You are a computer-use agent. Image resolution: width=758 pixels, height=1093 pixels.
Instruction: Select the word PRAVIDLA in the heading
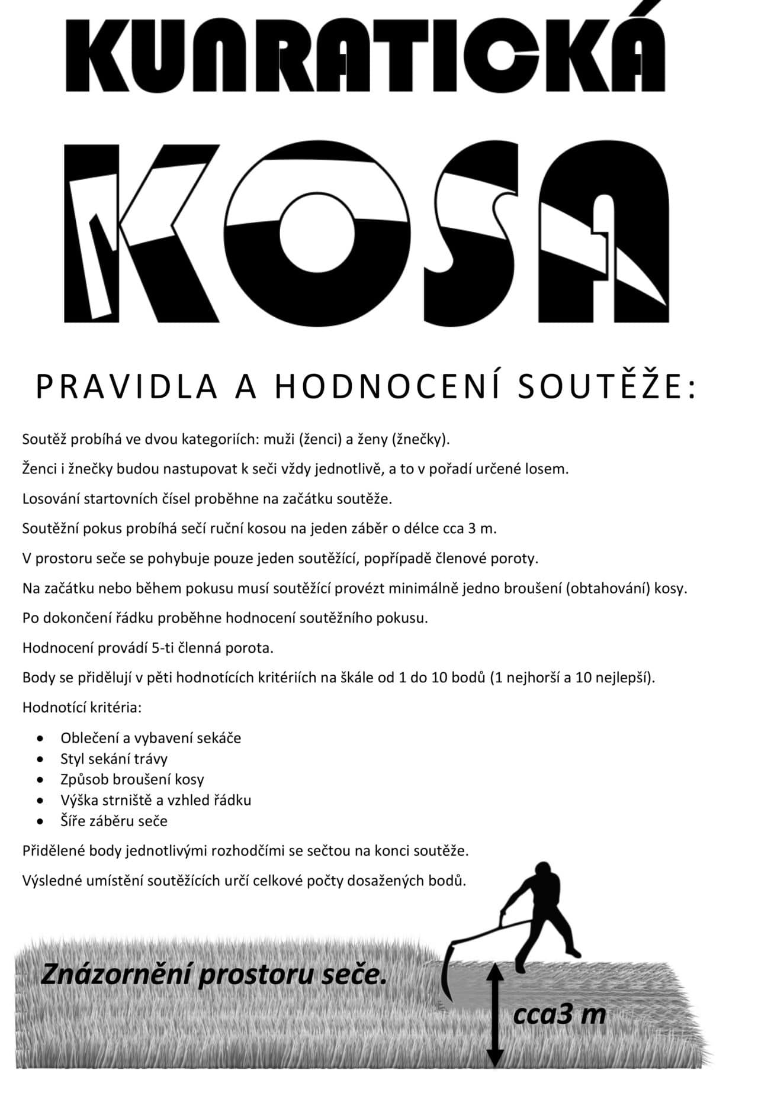tap(126, 386)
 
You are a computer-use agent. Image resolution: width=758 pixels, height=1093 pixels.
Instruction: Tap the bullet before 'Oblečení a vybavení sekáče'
tap(40, 739)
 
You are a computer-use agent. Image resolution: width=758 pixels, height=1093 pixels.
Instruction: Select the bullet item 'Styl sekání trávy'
tap(114, 759)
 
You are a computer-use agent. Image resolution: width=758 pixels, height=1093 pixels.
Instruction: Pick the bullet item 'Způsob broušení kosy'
tap(132, 779)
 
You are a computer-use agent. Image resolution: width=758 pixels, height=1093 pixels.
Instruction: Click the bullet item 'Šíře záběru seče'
tap(114, 821)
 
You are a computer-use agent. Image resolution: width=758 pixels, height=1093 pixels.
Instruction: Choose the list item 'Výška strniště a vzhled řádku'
tap(156, 800)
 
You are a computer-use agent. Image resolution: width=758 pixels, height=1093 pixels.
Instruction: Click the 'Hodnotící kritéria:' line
tap(82, 707)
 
